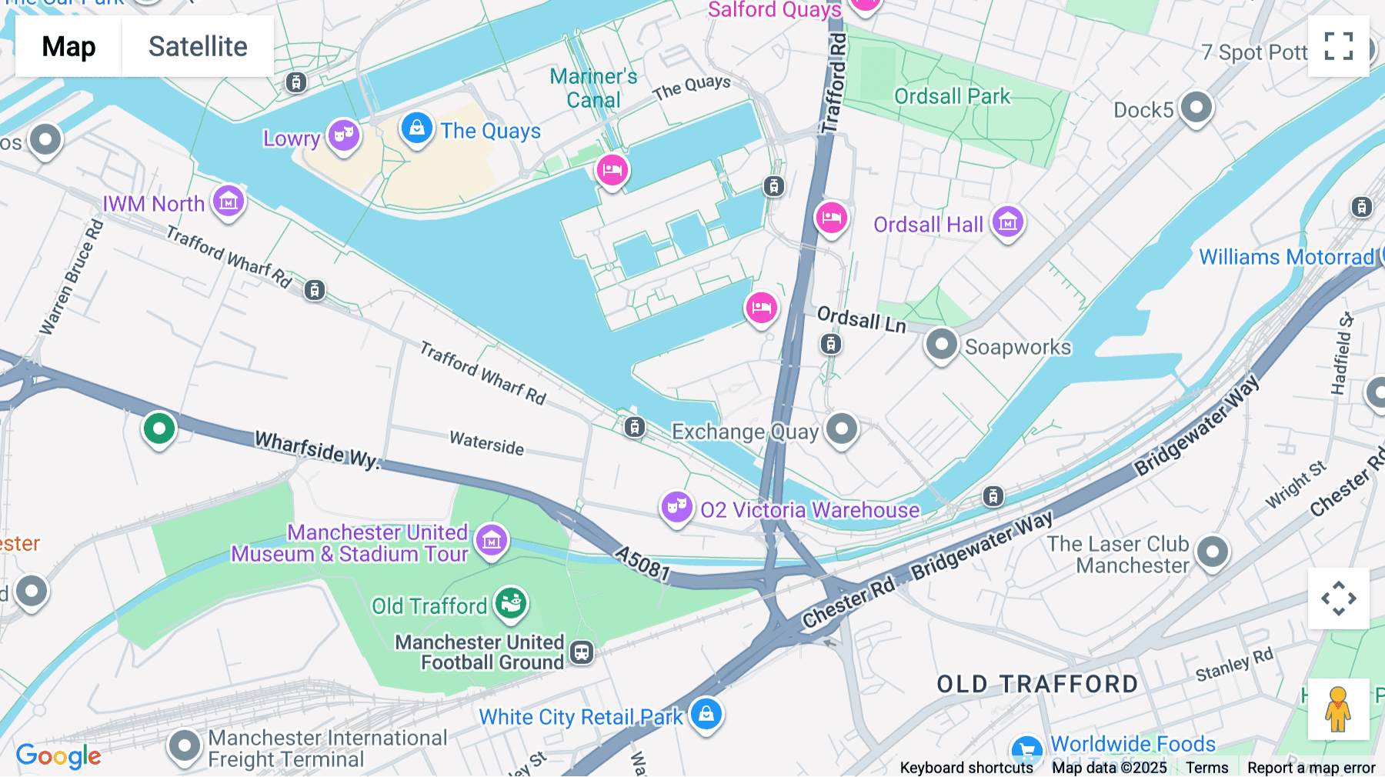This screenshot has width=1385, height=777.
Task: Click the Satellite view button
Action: coord(198,46)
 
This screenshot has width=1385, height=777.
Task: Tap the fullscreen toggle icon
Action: coord(1338,46)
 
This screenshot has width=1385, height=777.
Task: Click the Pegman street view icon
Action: coord(1338,709)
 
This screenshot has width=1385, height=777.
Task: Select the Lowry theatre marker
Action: coord(343,135)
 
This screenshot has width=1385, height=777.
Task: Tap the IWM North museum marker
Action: coord(229,202)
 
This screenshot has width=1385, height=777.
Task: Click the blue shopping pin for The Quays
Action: coord(416,128)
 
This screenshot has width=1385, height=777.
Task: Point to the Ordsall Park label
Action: coord(952,96)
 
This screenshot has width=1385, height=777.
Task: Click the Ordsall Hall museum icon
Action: coord(1007,223)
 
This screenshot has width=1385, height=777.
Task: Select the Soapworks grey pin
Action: coord(941,344)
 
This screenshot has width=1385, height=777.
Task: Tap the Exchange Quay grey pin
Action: coord(841,428)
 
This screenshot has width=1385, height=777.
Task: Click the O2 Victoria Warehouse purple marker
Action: coord(676,507)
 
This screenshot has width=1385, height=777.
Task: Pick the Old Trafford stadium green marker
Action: coord(510,603)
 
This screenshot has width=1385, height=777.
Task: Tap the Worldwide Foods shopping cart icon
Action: coord(1026,748)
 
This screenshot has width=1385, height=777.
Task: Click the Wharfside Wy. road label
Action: coord(317,449)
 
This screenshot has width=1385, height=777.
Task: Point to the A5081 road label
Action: coord(642,563)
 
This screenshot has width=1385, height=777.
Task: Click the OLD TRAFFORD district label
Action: coord(1036,684)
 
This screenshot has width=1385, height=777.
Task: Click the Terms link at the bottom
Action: coord(1206,767)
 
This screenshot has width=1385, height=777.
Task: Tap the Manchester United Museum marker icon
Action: coord(492,540)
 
